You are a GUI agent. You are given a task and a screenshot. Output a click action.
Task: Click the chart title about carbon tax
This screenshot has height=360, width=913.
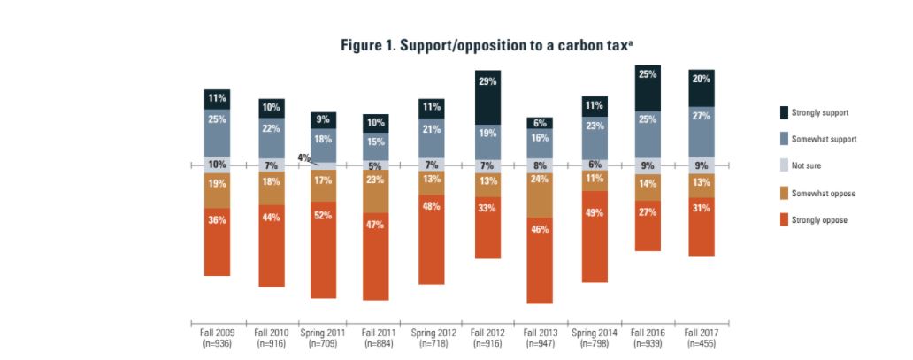(487, 45)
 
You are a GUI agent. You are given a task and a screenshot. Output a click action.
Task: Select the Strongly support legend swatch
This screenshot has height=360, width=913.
(783, 113)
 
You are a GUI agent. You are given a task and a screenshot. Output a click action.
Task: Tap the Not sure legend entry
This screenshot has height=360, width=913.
(783, 166)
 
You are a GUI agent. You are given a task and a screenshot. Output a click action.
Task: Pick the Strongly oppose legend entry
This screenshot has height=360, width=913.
(783, 219)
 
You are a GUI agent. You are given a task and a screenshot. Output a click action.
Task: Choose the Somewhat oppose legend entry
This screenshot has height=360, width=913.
(783, 193)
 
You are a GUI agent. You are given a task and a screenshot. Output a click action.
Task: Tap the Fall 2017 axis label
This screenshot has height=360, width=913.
(702, 337)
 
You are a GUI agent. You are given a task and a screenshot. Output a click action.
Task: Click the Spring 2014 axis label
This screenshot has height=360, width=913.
(595, 337)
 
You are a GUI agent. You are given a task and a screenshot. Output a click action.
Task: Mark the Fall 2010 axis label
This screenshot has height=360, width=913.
(271, 337)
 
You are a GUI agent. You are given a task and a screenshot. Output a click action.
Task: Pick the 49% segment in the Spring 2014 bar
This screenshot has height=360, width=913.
(595, 236)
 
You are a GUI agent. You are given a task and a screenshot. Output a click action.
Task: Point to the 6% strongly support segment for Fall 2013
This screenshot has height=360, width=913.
(540, 123)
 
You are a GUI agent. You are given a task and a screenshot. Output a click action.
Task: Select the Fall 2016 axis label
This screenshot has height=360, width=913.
(648, 337)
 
